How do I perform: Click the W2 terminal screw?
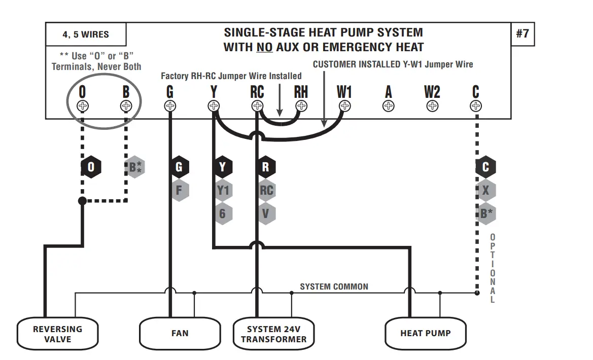pos(432,106)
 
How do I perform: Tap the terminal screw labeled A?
pos(389,106)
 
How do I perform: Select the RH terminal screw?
pos(301,106)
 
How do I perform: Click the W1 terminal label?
pos(344,92)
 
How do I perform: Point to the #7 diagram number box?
pos(522,34)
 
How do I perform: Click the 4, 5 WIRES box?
pos(86,35)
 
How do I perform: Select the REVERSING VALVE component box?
pos(57,333)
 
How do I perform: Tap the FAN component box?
pos(180,333)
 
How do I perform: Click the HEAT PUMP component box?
pos(425,333)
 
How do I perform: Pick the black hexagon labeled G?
pos(179,167)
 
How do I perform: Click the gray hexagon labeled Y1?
pos(223,191)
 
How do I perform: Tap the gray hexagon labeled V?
pos(266,214)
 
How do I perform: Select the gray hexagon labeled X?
pos(485,191)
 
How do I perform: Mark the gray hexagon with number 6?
pos(223,214)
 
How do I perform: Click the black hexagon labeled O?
pos(91,167)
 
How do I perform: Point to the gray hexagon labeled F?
pos(179,191)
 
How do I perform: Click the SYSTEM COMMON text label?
pos(334,286)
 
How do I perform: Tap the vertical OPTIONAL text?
pos(492,268)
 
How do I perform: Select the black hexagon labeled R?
pos(266,167)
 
